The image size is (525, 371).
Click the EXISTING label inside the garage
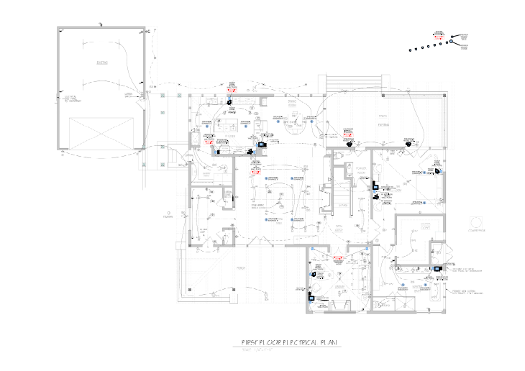(102, 63)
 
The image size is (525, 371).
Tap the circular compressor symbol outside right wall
(475, 220)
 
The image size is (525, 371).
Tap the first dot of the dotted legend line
(408, 51)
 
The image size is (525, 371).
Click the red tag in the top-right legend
(438, 34)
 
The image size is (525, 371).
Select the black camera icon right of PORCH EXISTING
(408, 143)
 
